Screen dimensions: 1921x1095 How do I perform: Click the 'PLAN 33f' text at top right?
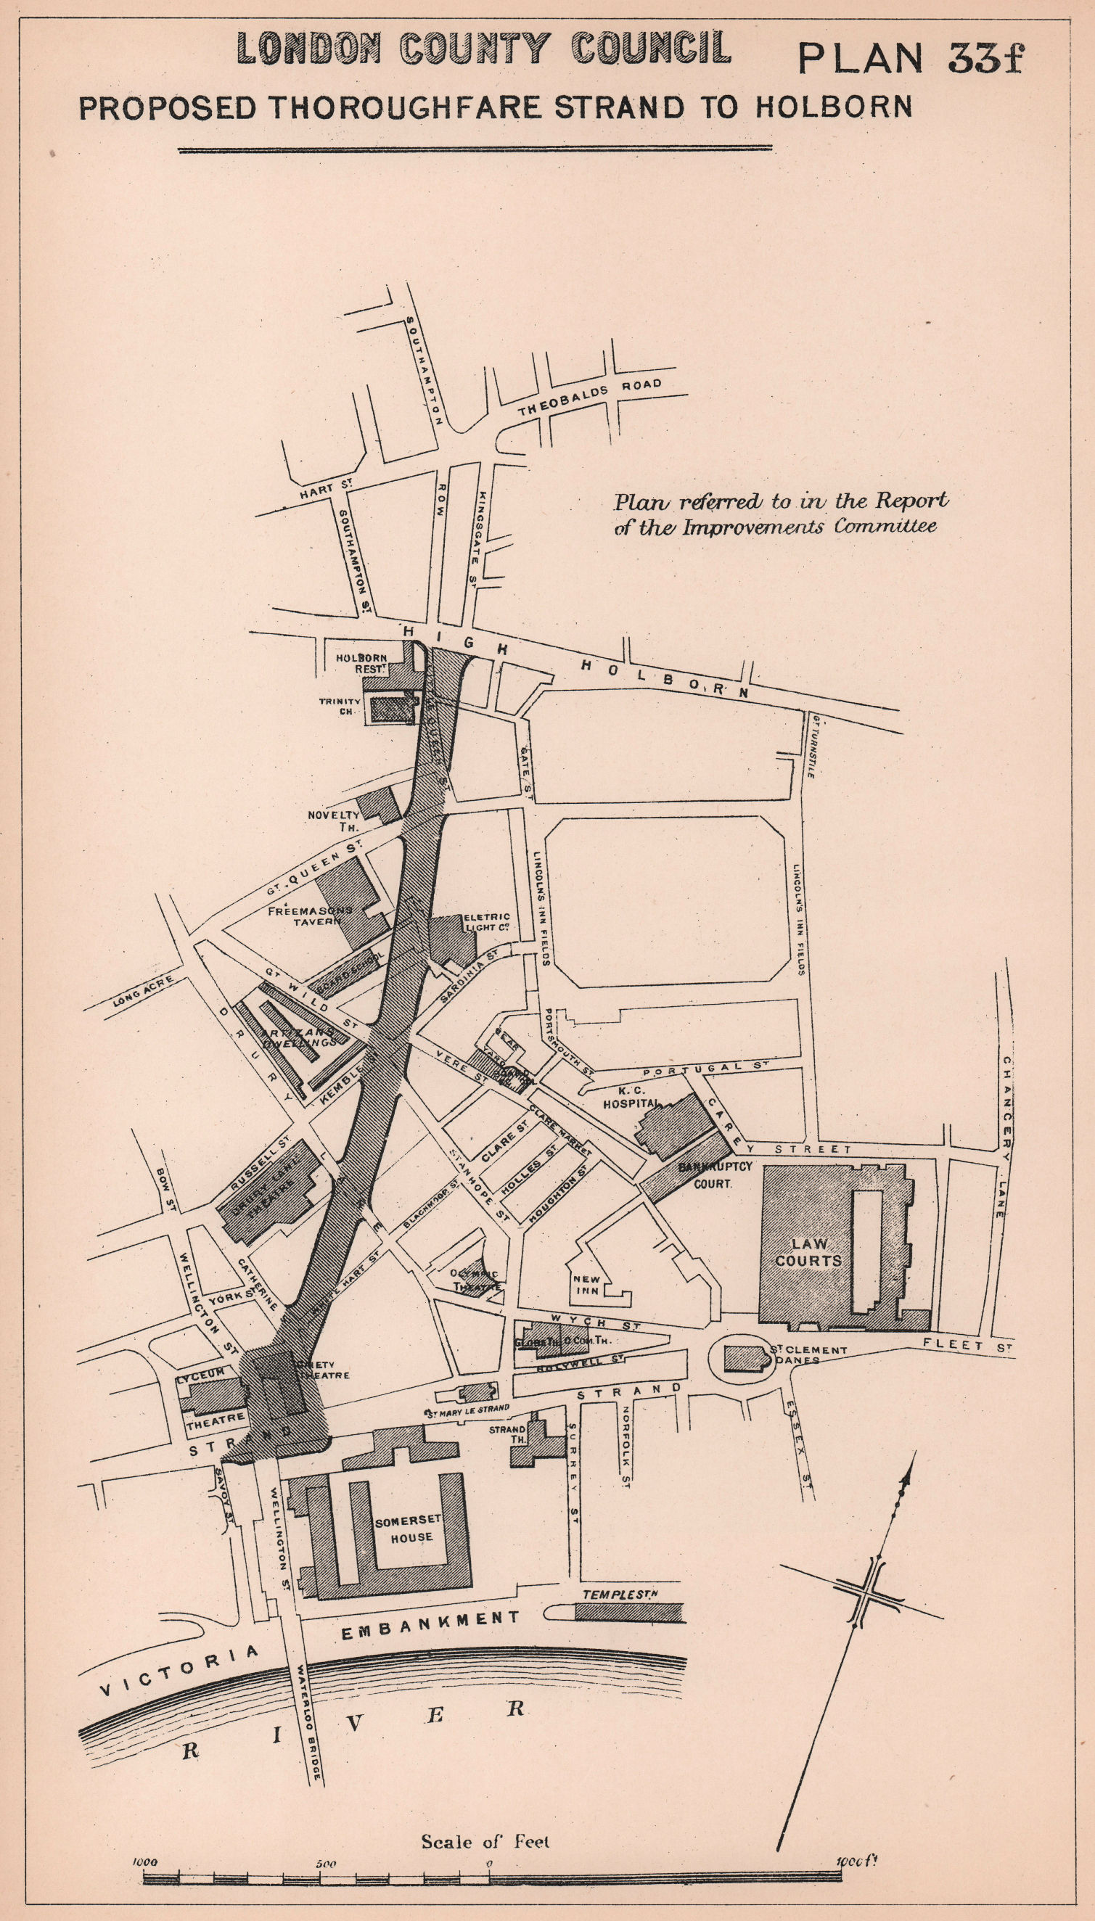click(910, 58)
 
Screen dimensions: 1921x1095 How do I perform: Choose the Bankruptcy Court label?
click(715, 1175)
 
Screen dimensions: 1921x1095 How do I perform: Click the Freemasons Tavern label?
click(310, 915)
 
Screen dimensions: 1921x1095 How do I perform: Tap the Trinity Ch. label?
click(340, 705)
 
